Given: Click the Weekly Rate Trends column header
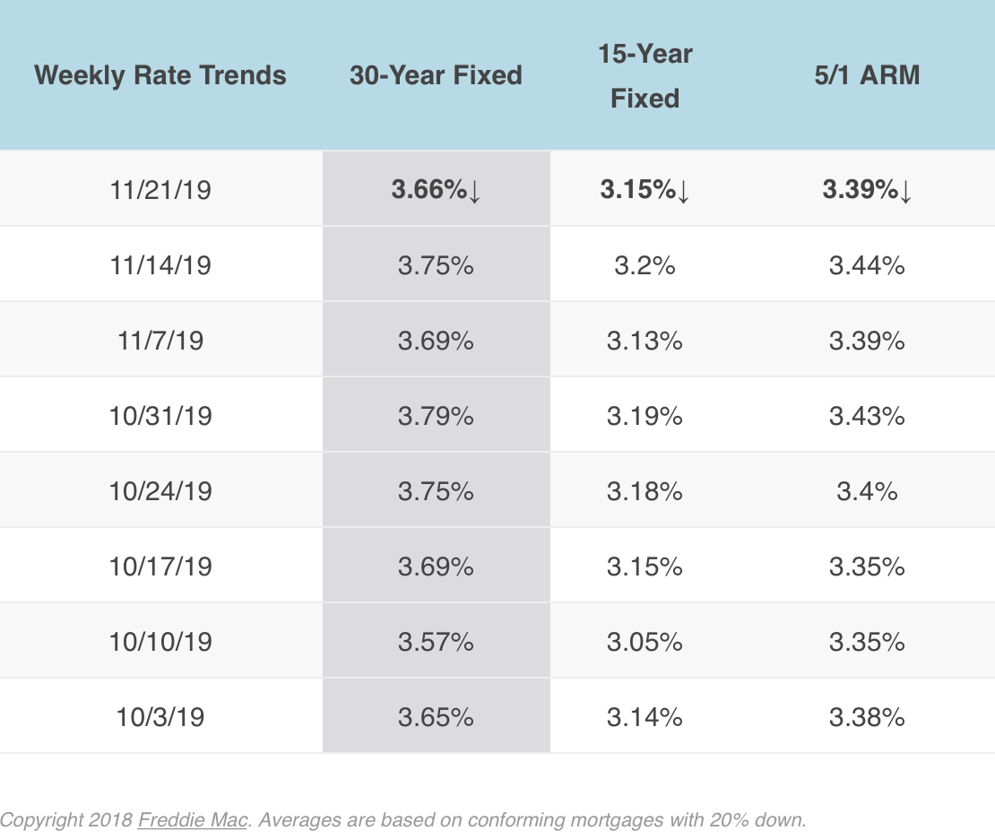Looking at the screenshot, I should tap(160, 74).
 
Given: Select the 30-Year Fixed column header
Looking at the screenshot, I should tap(436, 74).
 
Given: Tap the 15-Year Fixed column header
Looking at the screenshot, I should tap(645, 75).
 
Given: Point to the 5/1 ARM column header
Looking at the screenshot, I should tap(866, 74).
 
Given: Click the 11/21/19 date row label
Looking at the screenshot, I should tap(160, 190).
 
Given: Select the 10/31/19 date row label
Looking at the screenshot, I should tap(160, 416).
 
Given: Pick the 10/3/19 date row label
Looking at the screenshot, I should tap(160, 717).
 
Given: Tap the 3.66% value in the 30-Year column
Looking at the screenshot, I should tap(428, 190).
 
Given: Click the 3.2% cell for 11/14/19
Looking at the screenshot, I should tap(645, 265).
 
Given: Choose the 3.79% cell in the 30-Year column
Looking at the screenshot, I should tap(436, 416).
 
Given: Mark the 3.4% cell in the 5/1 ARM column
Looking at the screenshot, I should tap(866, 491).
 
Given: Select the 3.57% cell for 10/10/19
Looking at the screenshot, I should tap(436, 642).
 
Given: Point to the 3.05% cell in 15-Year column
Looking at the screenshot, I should tap(645, 642).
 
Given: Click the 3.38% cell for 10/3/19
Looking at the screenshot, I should tap(866, 717).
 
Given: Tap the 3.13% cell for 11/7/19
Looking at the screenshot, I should tap(645, 341).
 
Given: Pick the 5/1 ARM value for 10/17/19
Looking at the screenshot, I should tap(866, 567).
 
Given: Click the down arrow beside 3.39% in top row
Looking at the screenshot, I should tap(905, 192).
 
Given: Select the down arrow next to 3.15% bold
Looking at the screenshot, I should tap(683, 192).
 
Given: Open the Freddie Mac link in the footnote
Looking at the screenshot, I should tap(192, 819).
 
